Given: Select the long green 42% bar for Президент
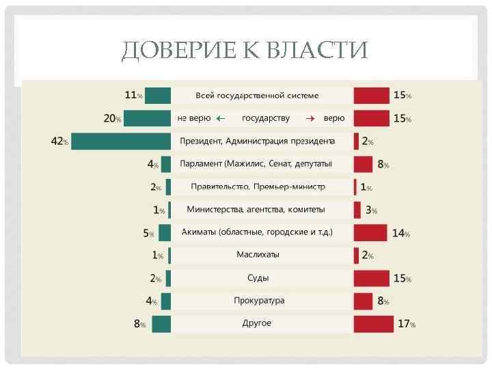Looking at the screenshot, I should point(120,141).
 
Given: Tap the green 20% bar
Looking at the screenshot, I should point(147,118).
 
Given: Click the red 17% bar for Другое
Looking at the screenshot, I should point(373,323).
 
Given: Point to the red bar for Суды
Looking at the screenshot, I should point(372,278).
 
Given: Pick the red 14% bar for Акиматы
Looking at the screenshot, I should point(370,232).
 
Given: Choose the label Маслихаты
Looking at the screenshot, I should point(258,255).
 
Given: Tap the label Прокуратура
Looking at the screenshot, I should point(259,301).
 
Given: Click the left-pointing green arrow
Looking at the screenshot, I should point(221,118).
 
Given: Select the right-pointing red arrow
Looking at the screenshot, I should point(309,118).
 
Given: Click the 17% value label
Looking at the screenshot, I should point(406,324).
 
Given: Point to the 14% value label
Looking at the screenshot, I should point(400,233).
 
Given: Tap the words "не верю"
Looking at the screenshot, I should point(194,118).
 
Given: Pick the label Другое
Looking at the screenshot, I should point(257,323).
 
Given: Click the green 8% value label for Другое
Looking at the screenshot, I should point(139,324).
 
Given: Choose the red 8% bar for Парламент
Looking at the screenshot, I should point(364,164).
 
